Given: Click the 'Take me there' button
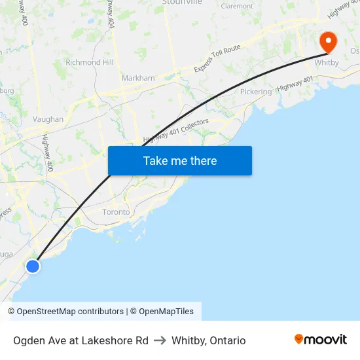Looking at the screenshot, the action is click(x=180, y=160).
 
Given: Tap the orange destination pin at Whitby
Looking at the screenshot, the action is click(x=327, y=41).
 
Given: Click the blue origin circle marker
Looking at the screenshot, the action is click(x=32, y=266).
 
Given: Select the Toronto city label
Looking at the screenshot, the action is click(x=116, y=212).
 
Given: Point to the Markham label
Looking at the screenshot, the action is click(x=138, y=78).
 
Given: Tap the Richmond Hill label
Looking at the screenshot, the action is click(x=90, y=63).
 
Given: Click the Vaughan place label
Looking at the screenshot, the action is click(x=48, y=119).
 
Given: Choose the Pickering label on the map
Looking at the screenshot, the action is click(x=255, y=92).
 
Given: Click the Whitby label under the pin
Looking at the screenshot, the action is click(x=327, y=63).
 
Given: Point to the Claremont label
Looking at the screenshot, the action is click(x=237, y=6).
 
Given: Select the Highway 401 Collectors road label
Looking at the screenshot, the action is click(x=176, y=131).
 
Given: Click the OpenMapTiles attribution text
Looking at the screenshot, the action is click(x=166, y=312).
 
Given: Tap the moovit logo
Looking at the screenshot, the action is click(x=320, y=339).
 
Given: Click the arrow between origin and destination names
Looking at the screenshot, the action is click(x=160, y=340).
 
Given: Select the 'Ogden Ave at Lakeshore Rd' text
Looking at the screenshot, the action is click(x=81, y=340).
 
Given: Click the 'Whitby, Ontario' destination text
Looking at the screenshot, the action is click(x=209, y=340).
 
